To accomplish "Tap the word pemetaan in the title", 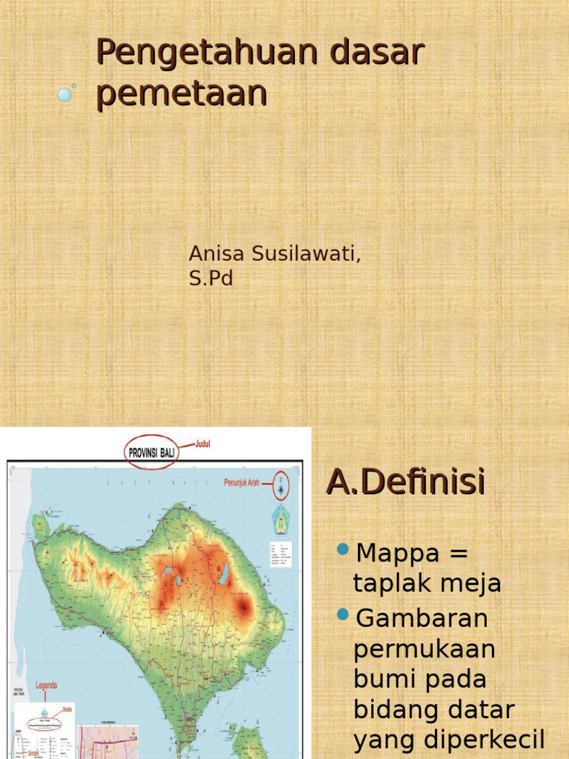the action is pos(182,94).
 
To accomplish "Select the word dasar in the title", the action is pos(377,53).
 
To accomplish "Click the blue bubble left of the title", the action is pos(64,94).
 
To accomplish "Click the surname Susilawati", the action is pos(305,253).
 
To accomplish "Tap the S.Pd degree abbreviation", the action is pos(210,279).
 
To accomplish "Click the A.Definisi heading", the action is pos(405,482).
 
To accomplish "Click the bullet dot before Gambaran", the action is pos(342,614).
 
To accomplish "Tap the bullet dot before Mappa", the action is pos(342,549).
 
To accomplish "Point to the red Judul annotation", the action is pos(204,444).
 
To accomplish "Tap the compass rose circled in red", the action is pos(282,487).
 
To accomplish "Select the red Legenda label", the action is pos(46,686).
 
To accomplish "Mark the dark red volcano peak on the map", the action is pos(242,607).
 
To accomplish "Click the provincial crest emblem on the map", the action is pos(281,517).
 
